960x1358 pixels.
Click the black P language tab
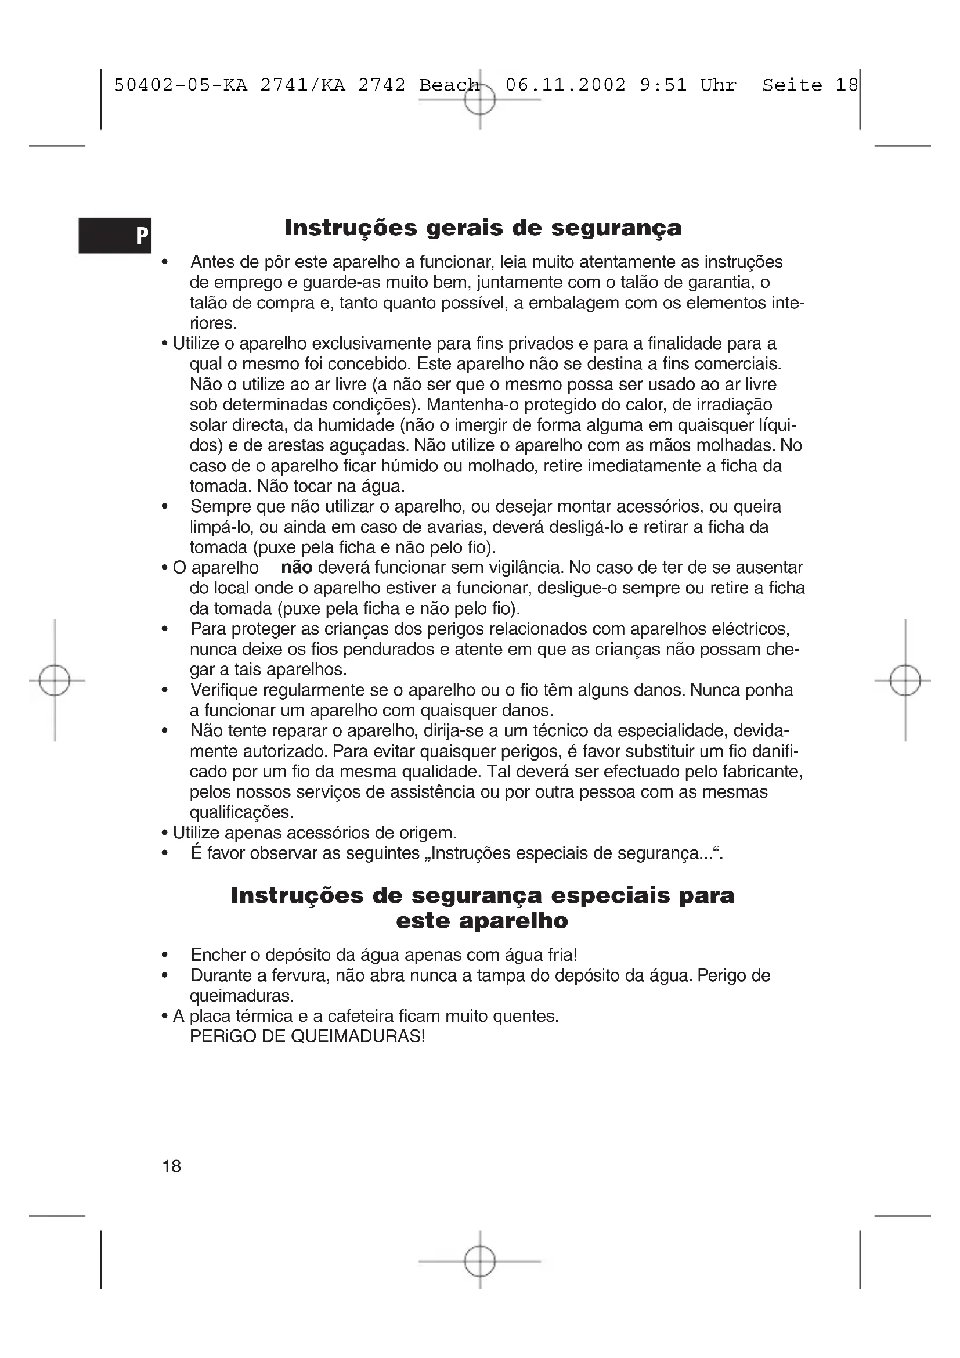click(x=116, y=235)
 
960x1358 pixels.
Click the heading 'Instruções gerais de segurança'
click(x=482, y=228)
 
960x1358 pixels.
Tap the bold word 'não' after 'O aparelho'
click(x=296, y=568)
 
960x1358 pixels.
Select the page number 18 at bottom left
click(x=171, y=1166)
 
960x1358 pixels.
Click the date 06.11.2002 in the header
click(x=565, y=85)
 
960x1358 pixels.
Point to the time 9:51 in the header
click(x=663, y=85)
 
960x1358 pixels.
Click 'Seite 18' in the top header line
click(x=809, y=85)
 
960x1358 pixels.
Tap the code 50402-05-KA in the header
click(x=181, y=85)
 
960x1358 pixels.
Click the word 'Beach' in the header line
click(x=449, y=85)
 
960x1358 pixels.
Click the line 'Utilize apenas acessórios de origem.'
click(x=315, y=833)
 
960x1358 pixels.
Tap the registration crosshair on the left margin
click(x=55, y=680)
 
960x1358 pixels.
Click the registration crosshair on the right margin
click(x=905, y=680)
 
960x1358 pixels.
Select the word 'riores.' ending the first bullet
click(x=213, y=323)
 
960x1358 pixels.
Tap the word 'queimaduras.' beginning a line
click(x=241, y=996)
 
